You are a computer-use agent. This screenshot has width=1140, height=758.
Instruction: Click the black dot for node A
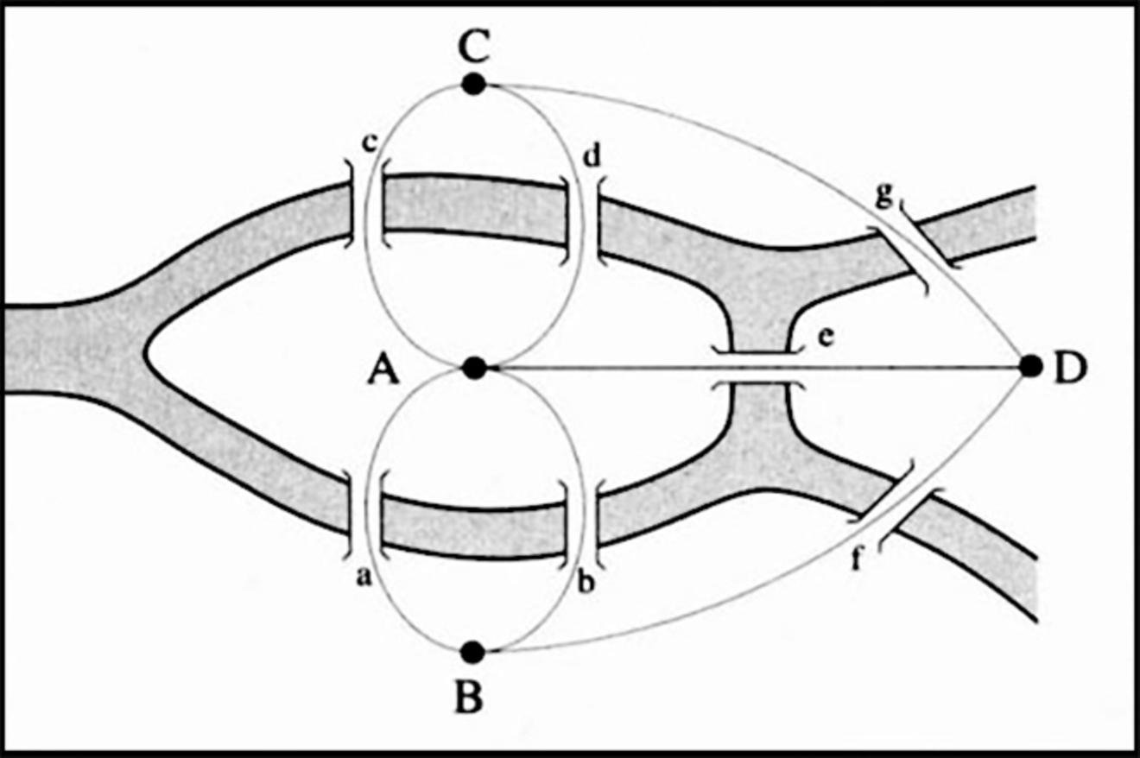pos(473,368)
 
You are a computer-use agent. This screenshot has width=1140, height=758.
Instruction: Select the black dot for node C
pos(473,84)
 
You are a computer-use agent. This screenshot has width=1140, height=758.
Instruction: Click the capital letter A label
pos(383,371)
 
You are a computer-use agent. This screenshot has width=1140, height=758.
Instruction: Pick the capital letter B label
pos(469,698)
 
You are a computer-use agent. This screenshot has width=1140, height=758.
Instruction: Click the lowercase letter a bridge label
pos(364,578)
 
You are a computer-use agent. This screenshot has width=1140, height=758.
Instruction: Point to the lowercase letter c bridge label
pos(369,143)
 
